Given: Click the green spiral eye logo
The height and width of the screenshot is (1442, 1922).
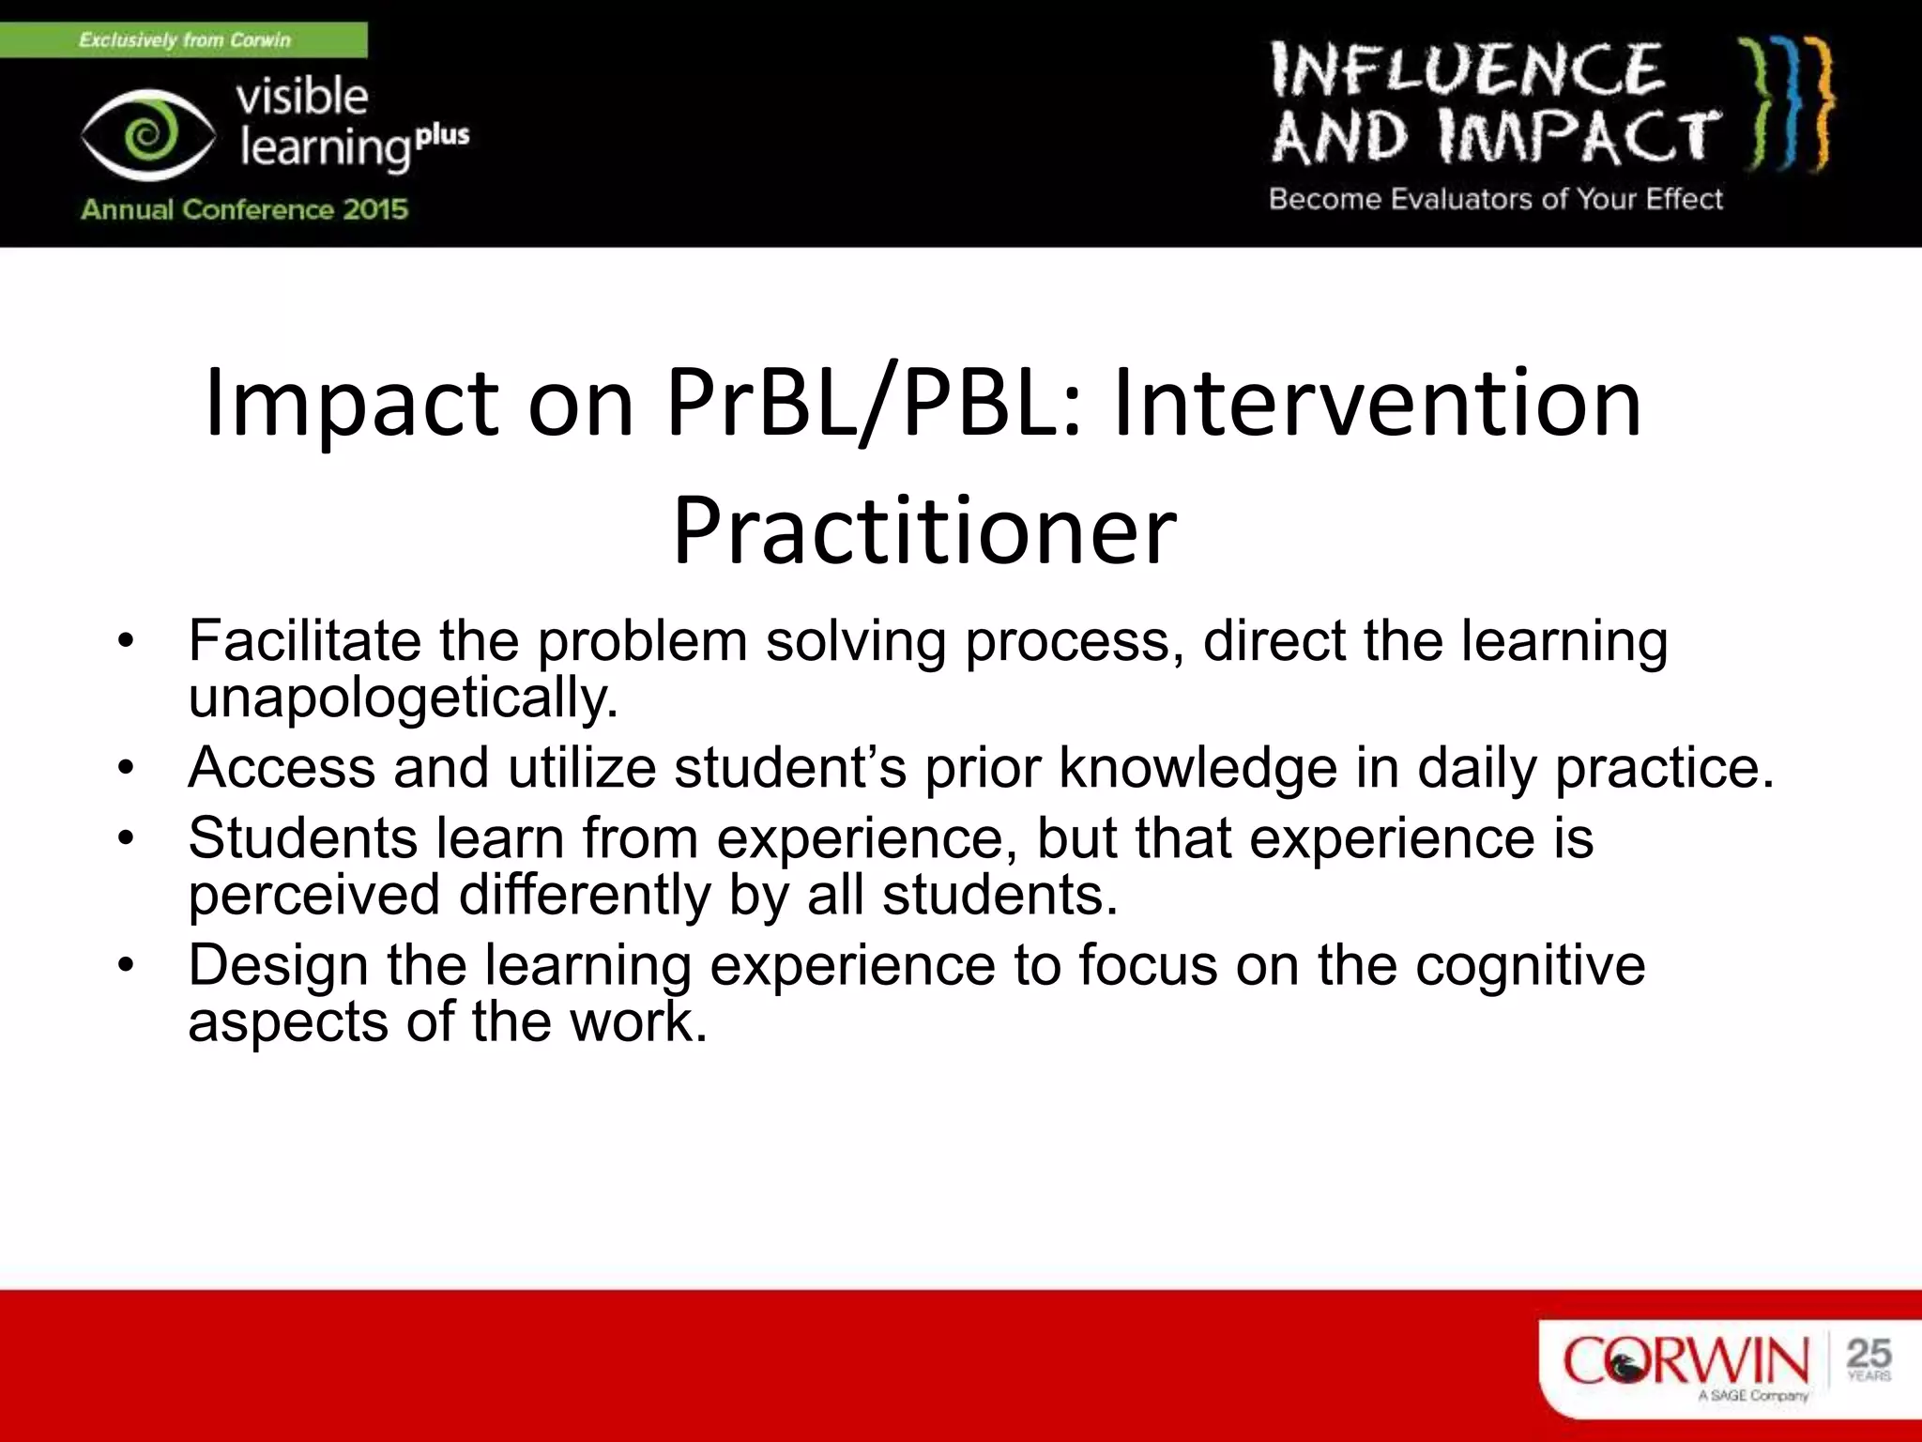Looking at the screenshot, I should tap(146, 135).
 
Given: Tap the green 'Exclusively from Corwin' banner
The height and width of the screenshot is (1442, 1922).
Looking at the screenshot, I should tap(184, 40).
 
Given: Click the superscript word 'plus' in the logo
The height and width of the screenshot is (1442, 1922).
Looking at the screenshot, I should tap(442, 135).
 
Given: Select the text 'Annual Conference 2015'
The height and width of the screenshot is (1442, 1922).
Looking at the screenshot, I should tap(244, 208).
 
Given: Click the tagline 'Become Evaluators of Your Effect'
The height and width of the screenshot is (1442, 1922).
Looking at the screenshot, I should tap(1496, 199).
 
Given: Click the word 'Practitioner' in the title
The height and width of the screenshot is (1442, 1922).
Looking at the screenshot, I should tap(924, 530).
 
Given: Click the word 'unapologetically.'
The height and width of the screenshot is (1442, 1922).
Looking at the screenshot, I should tap(404, 698).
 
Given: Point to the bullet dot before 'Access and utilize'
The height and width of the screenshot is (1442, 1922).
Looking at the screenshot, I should tap(127, 768).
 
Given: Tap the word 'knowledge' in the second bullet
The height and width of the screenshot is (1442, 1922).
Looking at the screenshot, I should tap(1197, 768).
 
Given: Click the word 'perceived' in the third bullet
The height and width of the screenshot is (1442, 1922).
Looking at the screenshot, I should tap(313, 895).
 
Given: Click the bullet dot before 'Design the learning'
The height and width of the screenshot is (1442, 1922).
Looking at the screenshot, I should tap(127, 965).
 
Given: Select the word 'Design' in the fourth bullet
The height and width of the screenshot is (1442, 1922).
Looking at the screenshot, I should tap(278, 965).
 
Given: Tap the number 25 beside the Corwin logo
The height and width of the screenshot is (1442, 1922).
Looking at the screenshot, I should tap(1868, 1353).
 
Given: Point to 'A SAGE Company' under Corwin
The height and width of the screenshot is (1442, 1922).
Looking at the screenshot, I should tap(1752, 1396).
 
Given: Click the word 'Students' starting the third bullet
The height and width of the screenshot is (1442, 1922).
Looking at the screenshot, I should tap(302, 837).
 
